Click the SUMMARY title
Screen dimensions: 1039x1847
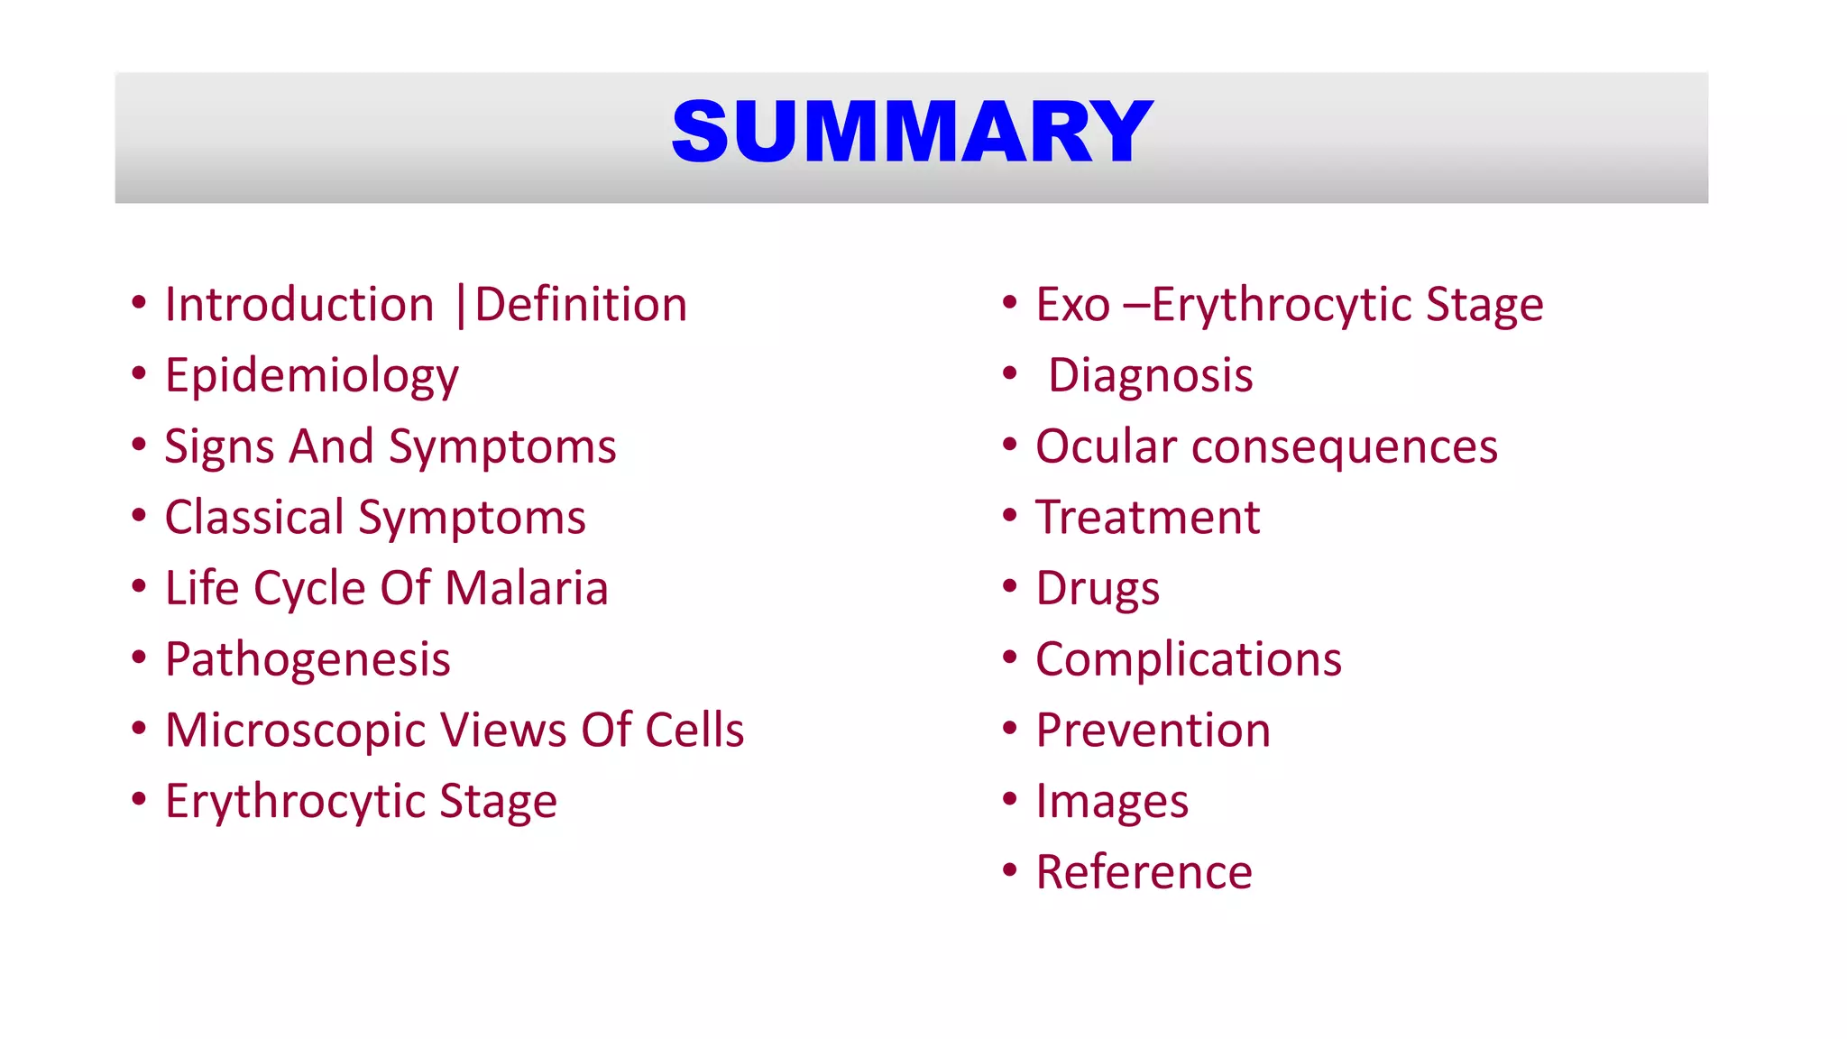pyautogui.click(x=912, y=133)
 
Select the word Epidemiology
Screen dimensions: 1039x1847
pyautogui.click(x=311, y=376)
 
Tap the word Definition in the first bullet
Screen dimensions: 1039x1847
pyautogui.click(x=581, y=305)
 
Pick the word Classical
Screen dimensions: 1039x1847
pyautogui.click(x=254, y=518)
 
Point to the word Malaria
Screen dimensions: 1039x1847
pyautogui.click(x=527, y=588)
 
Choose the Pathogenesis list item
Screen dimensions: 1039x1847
pyautogui.click(x=308, y=659)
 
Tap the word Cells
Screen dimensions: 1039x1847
pyautogui.click(x=694, y=730)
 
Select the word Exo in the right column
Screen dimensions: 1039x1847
pyautogui.click(x=1072, y=305)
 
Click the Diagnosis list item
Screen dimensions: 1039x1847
pyautogui.click(x=1150, y=376)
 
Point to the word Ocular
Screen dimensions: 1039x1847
pyautogui.click(x=1106, y=447)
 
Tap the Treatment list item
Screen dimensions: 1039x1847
pyautogui.click(x=1147, y=518)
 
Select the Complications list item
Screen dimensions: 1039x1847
pyautogui.click(x=1189, y=659)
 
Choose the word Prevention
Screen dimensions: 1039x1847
pyautogui.click(x=1153, y=730)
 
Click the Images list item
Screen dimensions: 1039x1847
pyautogui.click(x=1112, y=802)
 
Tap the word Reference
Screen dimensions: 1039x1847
pyautogui.click(x=1144, y=872)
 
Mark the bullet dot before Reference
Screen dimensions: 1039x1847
pyautogui.click(x=1009, y=870)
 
